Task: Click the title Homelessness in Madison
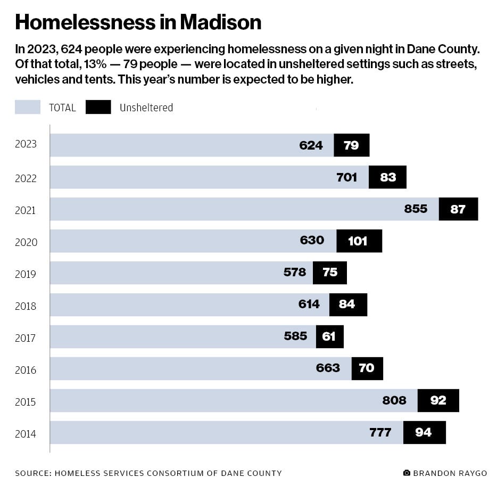[138, 22]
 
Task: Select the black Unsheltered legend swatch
[98, 107]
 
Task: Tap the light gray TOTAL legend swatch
[28, 107]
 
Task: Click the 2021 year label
[26, 210]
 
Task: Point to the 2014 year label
[26, 434]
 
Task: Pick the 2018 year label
[26, 306]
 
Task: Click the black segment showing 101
[359, 241]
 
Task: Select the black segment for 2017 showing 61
[330, 336]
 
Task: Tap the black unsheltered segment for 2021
[458, 209]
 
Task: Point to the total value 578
[295, 273]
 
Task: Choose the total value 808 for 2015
[394, 400]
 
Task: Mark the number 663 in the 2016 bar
[328, 368]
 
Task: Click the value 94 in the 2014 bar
[424, 432]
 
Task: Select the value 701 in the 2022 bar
[347, 177]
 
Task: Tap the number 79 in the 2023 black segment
[351, 145]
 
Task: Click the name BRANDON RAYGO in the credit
[450, 473]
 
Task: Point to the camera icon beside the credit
[407, 473]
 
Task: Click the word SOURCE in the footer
[31, 473]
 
